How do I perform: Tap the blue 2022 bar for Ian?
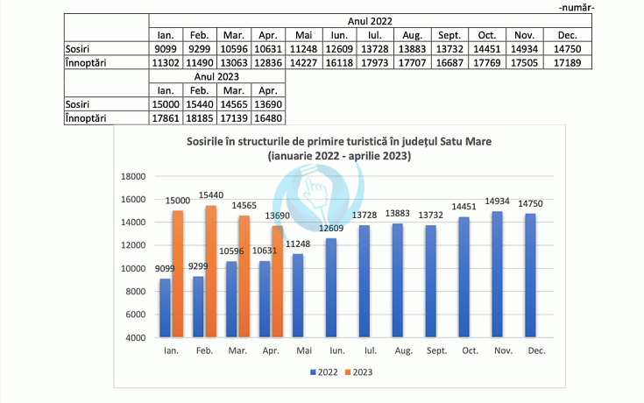166,308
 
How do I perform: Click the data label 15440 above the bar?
211,196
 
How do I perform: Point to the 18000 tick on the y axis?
132,176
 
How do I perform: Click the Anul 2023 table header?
217,77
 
